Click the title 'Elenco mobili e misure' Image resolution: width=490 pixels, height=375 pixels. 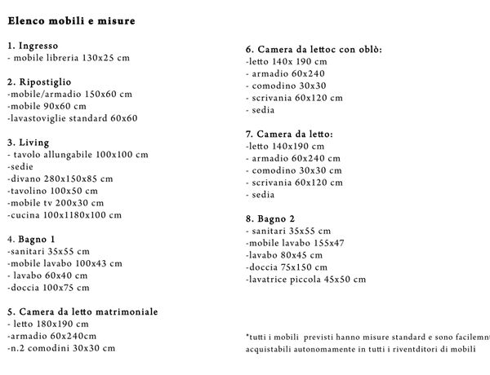coord(72,19)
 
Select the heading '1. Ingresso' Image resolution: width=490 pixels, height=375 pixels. coord(33,46)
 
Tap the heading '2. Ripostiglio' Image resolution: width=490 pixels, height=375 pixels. coord(39,82)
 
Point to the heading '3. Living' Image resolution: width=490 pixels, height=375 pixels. coord(28,143)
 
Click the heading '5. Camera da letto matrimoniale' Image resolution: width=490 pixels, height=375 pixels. coord(82,312)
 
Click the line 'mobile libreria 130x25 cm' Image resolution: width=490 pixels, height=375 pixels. coord(69,58)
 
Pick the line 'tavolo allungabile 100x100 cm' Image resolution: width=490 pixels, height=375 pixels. coord(80,155)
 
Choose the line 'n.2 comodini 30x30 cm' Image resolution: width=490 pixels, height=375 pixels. coord(61,348)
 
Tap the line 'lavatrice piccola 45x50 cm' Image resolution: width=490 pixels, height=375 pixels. coord(305,280)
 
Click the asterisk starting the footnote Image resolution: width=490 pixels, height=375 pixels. coord(247,335)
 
